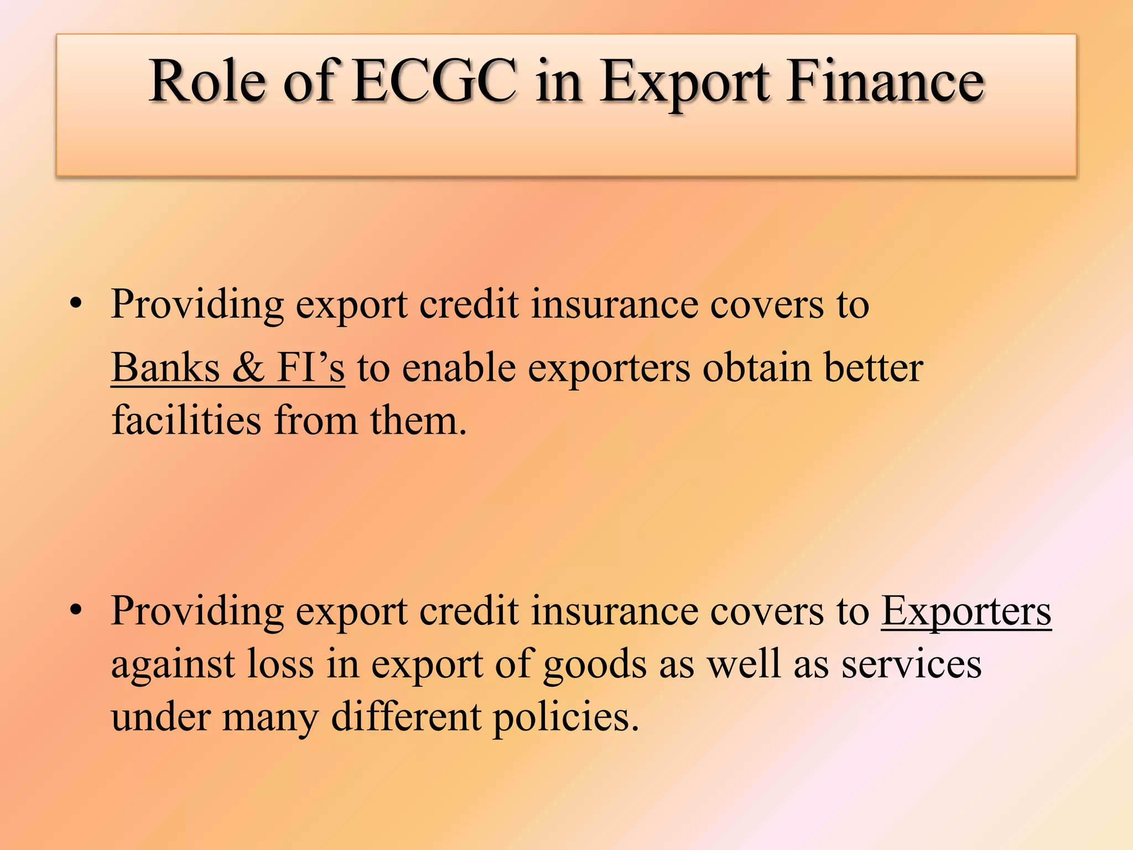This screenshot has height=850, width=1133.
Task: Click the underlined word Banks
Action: (165, 368)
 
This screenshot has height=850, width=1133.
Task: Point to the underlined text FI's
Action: (310, 368)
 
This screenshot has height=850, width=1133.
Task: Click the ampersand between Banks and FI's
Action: (248, 368)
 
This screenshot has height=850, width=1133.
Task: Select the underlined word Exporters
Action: (966, 611)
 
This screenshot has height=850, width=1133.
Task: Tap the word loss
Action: (280, 664)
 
